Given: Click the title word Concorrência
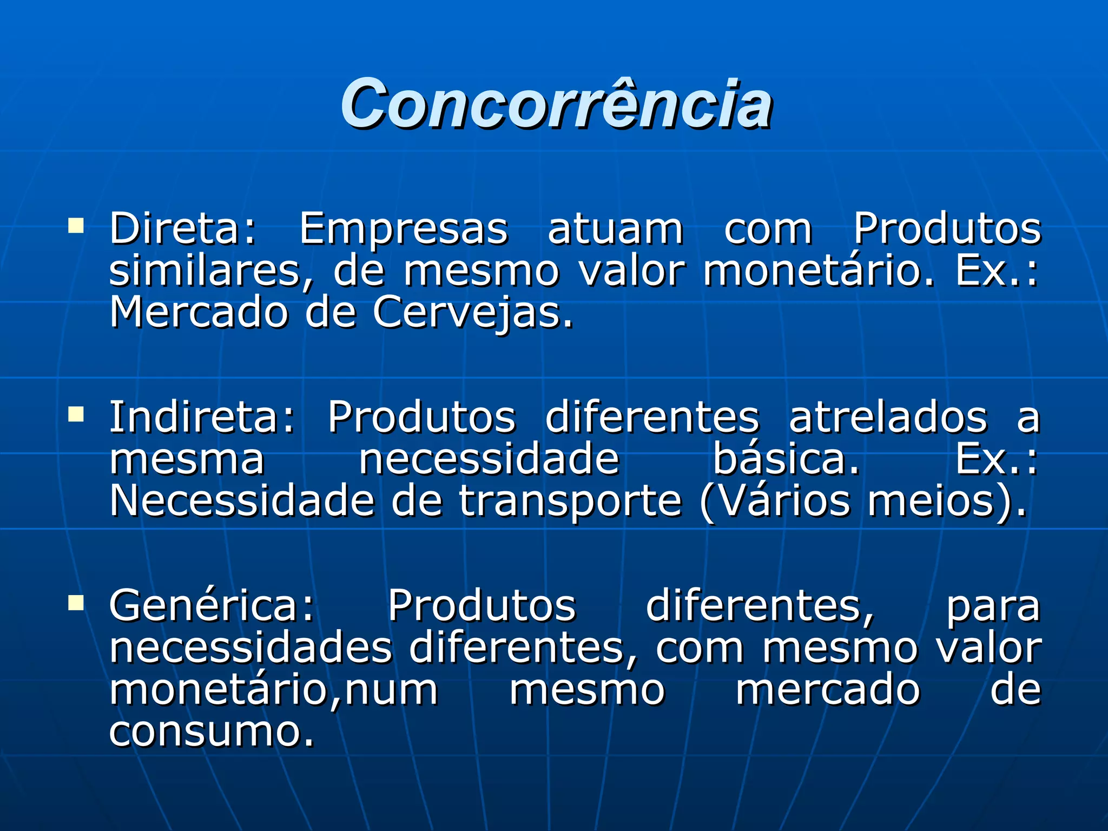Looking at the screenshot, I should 556,104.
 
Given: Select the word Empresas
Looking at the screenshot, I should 404,229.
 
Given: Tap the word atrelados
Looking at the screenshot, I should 888,417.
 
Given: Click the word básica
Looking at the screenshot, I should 786,459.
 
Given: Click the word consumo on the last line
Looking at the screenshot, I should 211,732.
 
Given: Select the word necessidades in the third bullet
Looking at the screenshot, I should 250,648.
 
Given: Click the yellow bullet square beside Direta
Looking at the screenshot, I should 76,225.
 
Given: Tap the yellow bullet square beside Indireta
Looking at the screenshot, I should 76,414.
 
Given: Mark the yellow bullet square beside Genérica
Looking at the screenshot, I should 76,602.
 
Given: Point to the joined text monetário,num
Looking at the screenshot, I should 273,691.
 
